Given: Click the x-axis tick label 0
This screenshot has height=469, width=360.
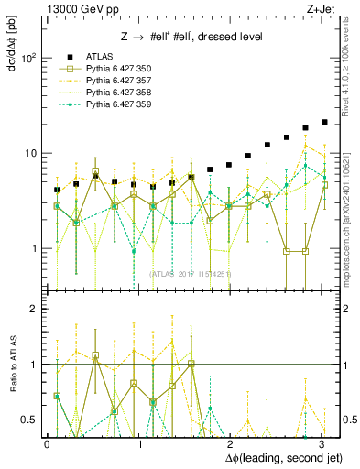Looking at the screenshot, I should click(47, 444).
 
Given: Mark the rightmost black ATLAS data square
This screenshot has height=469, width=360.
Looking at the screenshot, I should click(324, 122).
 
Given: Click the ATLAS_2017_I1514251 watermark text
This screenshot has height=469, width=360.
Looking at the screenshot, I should click(191, 274).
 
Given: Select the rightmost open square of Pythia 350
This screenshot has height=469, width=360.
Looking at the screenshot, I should click(324, 185).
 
